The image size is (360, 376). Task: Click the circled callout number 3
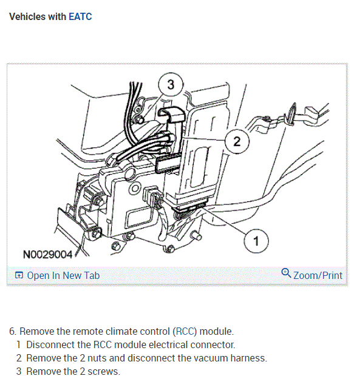[x=171, y=84]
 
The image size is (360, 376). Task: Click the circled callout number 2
[x=237, y=141]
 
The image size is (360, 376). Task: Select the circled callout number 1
[x=256, y=241]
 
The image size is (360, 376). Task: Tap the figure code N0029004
[x=47, y=255]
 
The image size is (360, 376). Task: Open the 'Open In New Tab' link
[x=63, y=275]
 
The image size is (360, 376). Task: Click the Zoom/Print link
[x=318, y=275]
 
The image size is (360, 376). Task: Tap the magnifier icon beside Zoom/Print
[x=286, y=273]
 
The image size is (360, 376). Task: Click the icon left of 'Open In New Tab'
[x=19, y=275]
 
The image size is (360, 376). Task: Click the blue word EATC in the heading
[x=80, y=16]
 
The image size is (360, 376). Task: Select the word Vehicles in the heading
[x=27, y=16]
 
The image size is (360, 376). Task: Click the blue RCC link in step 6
[x=185, y=331]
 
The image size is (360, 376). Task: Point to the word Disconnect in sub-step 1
[x=50, y=345]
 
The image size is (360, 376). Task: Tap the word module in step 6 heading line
[x=216, y=331]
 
